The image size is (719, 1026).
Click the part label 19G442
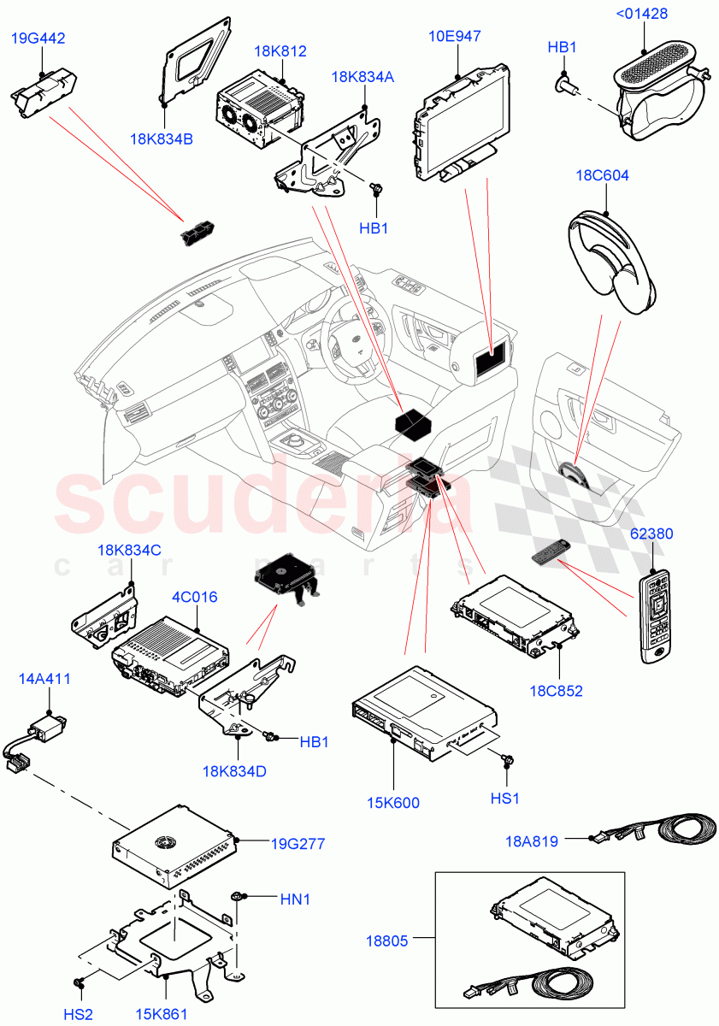(x=38, y=38)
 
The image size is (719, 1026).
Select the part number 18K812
(x=280, y=52)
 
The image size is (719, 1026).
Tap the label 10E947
(x=454, y=36)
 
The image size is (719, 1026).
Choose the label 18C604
(x=602, y=176)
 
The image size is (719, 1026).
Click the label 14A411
(x=44, y=679)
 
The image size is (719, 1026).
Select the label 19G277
(x=298, y=844)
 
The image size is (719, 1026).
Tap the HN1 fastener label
(x=296, y=899)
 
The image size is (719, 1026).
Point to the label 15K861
(x=161, y=1015)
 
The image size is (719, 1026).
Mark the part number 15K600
(x=392, y=803)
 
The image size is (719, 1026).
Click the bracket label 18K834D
(x=235, y=772)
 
